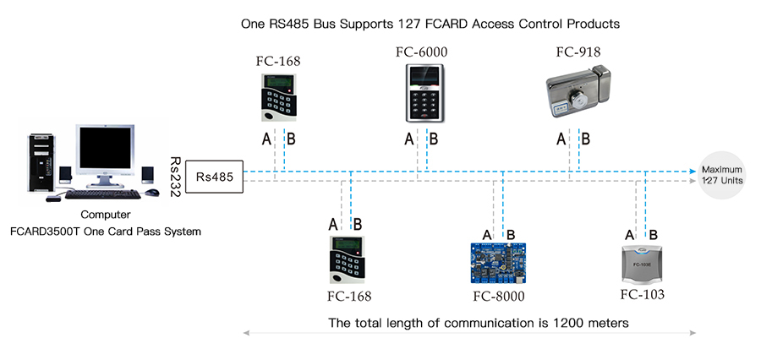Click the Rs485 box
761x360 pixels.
tap(215, 177)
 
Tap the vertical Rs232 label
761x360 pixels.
tap(175, 177)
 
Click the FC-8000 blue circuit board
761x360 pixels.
tap(498, 265)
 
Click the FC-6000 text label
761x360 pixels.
tap(421, 52)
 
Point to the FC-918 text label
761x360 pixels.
tap(578, 52)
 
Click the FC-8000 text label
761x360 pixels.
tap(499, 296)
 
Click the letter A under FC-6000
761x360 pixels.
tap(409, 139)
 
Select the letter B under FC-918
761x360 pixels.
tap(585, 139)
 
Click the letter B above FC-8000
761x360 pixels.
tap(510, 234)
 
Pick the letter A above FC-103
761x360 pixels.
tap(630, 234)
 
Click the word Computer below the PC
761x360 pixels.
tap(106, 215)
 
